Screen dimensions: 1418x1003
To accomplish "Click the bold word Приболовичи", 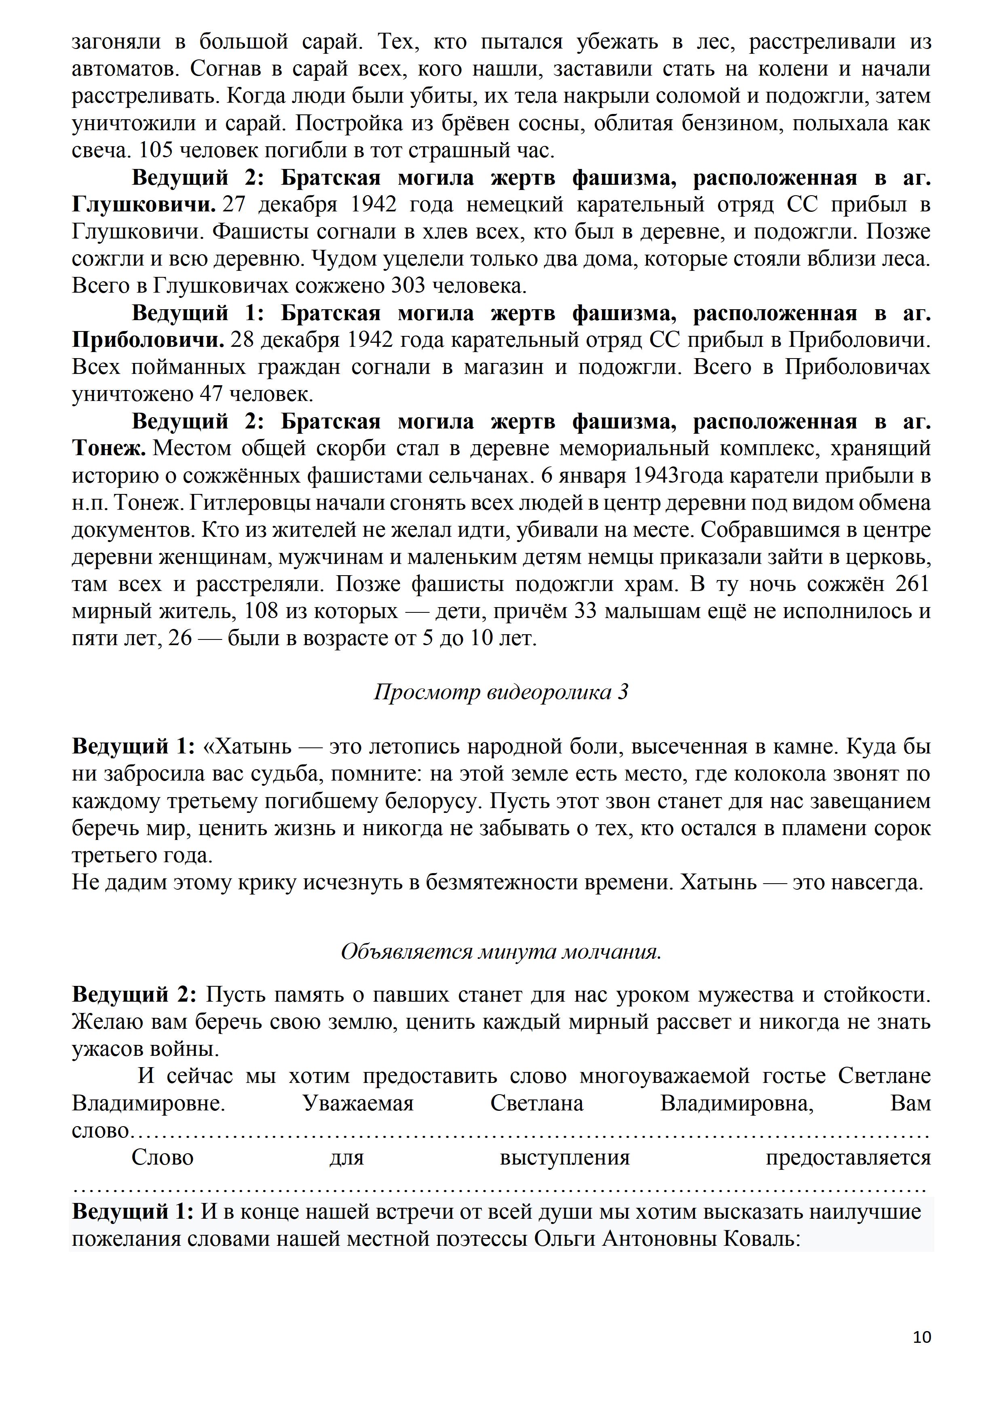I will click(148, 340).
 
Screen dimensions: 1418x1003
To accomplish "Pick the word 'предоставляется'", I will click(847, 1157).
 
